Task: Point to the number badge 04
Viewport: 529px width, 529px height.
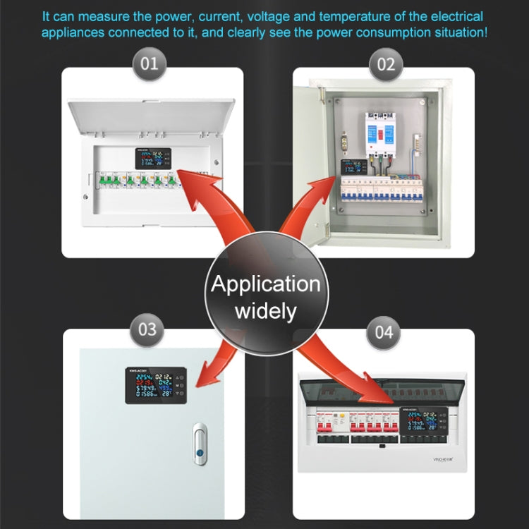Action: [x=384, y=331]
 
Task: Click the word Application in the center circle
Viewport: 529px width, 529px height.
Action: [x=265, y=284]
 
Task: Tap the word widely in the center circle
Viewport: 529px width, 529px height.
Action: [x=265, y=311]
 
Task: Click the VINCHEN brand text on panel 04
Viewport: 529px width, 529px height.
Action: [x=442, y=458]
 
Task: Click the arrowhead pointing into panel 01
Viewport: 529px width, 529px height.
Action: [x=185, y=176]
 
